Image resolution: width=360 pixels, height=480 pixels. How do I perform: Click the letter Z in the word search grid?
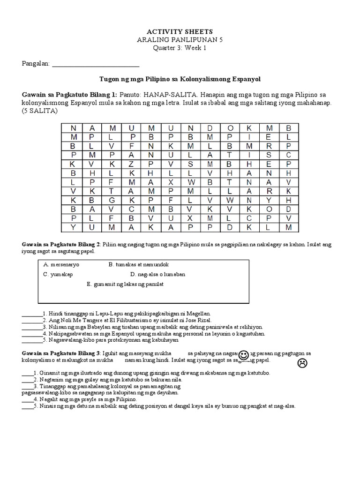[132, 164]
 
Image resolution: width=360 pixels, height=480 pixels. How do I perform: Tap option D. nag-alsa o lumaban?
[157, 274]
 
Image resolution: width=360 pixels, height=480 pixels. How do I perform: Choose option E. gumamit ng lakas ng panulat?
[125, 284]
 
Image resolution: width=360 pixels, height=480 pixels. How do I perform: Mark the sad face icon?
[302, 363]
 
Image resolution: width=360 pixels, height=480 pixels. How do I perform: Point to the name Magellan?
[200, 313]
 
